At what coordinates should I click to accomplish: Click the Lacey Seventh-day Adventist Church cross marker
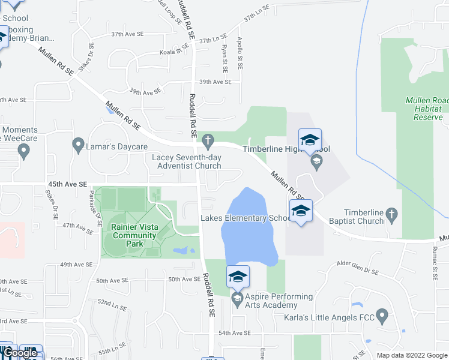coord(208,142)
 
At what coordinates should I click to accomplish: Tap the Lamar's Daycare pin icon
coord(77,145)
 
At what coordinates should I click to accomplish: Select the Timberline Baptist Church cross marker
coord(391,214)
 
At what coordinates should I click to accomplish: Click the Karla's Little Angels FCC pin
coord(382,316)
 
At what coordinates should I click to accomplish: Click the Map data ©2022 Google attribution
coord(411,355)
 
